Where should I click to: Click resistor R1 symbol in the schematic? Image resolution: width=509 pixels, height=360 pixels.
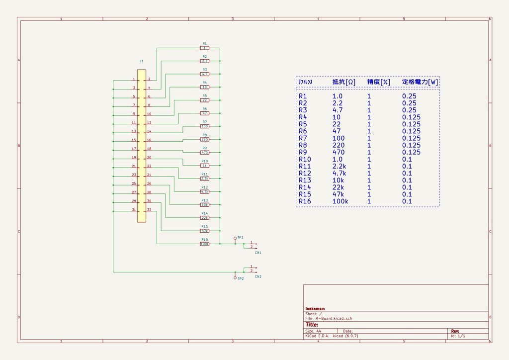pyautogui.click(x=204, y=48)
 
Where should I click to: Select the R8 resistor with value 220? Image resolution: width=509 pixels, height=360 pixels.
pyautogui.click(x=204, y=139)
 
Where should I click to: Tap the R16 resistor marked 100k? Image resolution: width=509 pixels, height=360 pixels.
pyautogui.click(x=204, y=244)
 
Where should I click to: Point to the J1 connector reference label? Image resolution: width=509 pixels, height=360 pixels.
pyautogui.click(x=141, y=61)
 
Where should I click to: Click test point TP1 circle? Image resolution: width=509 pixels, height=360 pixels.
pyautogui.click(x=235, y=238)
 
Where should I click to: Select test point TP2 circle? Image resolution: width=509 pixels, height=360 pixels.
pyautogui.click(x=235, y=277)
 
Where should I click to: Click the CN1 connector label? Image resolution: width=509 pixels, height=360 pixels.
pyautogui.click(x=258, y=253)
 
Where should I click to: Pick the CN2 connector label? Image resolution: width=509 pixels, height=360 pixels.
pyautogui.click(x=258, y=276)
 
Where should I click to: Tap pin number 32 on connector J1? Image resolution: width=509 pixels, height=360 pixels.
pyautogui.click(x=149, y=210)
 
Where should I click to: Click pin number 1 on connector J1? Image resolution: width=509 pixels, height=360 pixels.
pyautogui.click(x=134, y=79)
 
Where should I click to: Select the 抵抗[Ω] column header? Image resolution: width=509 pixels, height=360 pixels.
pyautogui.click(x=343, y=82)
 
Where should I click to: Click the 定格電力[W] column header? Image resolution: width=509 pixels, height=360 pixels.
pyautogui.click(x=420, y=82)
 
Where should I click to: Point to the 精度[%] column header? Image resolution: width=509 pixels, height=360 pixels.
pyautogui.click(x=378, y=82)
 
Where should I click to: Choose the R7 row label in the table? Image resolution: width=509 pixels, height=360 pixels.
pyautogui.click(x=303, y=138)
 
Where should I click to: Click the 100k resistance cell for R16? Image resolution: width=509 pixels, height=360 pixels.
pyautogui.click(x=340, y=201)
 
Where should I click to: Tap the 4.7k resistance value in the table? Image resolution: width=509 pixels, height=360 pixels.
pyautogui.click(x=339, y=173)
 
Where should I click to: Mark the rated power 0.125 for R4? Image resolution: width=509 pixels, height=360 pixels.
pyautogui.click(x=411, y=117)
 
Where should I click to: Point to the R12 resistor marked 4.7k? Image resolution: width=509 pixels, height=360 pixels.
pyautogui.click(x=204, y=191)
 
